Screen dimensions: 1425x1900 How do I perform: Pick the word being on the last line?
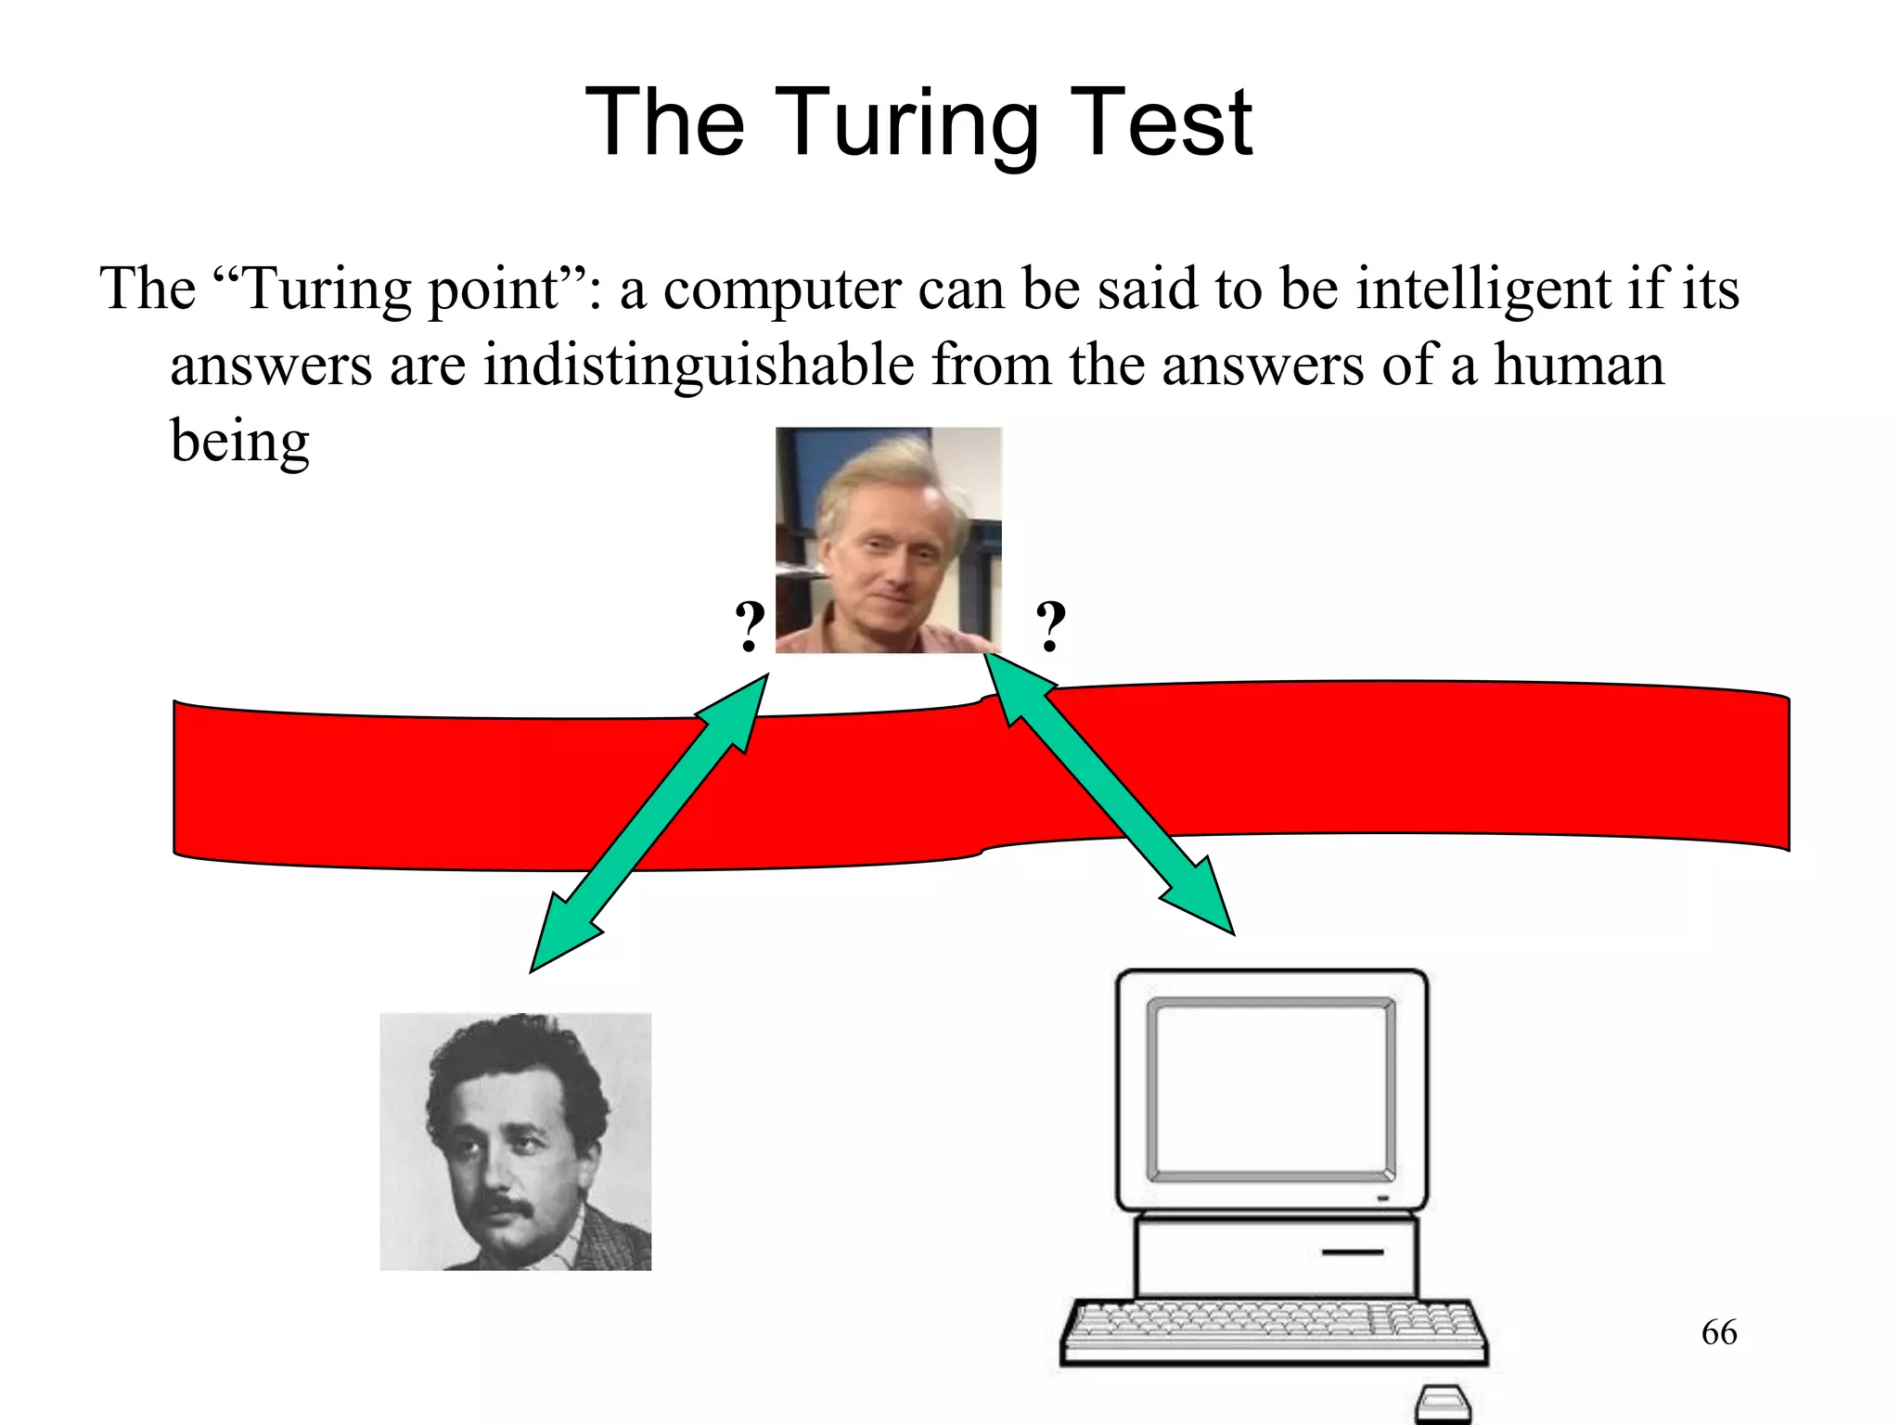click(239, 443)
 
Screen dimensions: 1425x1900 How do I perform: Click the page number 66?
click(1719, 1333)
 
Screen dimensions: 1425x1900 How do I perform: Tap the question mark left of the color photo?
click(750, 627)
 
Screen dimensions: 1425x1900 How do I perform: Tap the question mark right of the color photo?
click(1050, 627)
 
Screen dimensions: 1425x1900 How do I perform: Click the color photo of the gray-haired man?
click(888, 540)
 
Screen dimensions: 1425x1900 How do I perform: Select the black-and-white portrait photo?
click(515, 1141)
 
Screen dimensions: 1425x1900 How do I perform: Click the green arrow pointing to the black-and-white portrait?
click(648, 823)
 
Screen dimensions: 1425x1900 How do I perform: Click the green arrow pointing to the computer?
click(1109, 793)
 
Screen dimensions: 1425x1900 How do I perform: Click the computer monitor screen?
click(1271, 1089)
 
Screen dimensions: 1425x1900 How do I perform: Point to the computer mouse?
click(1443, 1404)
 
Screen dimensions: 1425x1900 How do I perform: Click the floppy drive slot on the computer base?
click(1352, 1252)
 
